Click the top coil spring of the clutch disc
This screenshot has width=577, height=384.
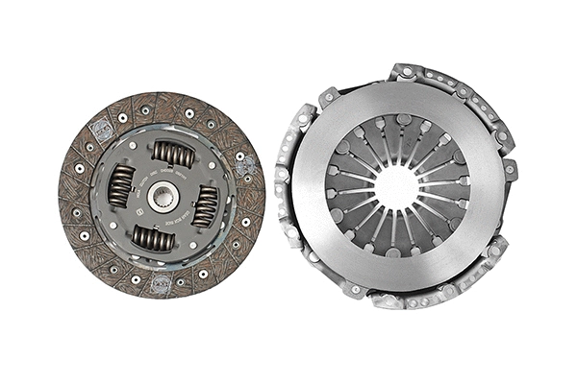click(x=174, y=154)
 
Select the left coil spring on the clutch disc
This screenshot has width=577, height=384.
click(x=121, y=185)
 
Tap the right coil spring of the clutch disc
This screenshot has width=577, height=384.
click(x=205, y=205)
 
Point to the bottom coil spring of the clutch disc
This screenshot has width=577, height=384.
click(x=153, y=237)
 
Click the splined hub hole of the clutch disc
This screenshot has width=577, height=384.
click(x=163, y=195)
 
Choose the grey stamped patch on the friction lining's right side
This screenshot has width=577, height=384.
click(x=248, y=167)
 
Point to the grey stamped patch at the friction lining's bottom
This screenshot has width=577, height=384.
click(x=162, y=284)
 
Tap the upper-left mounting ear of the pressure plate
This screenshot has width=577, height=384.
click(x=328, y=97)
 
